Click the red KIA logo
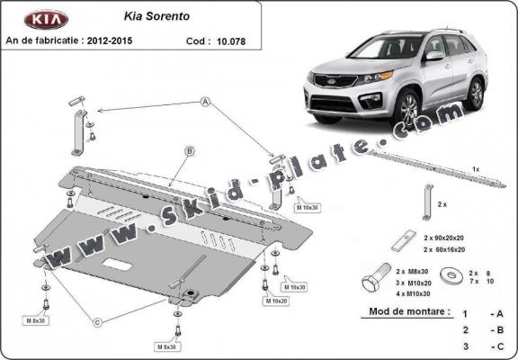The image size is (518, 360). click(39, 19)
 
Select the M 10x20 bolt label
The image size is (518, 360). click(275, 301)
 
